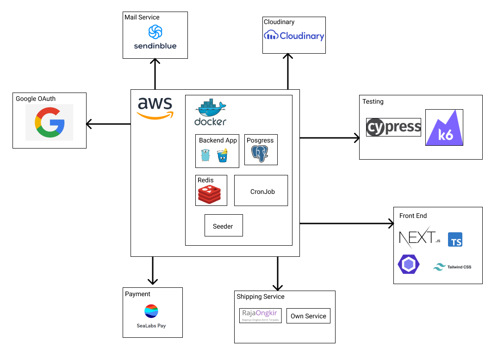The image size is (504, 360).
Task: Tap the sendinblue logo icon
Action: point(155,32)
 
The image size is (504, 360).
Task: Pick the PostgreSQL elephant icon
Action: point(260,154)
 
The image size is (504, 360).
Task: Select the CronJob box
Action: point(261,191)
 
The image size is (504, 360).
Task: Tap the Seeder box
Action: point(224,225)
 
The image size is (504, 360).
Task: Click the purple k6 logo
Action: point(444,128)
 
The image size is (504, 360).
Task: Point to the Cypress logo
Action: point(393,127)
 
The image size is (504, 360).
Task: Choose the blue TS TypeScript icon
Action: point(455,240)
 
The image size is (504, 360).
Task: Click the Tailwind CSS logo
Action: point(452,267)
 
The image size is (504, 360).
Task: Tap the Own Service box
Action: point(308,316)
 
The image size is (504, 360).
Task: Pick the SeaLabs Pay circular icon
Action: point(151,311)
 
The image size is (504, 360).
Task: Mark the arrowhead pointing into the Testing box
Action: point(357,137)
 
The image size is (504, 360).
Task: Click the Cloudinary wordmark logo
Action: point(294,36)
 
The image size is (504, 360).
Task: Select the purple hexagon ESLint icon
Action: point(408,265)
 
